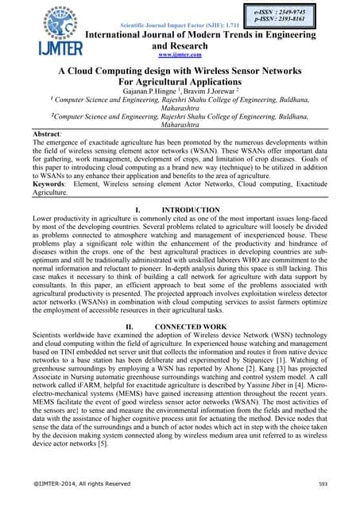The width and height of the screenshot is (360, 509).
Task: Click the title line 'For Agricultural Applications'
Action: (180, 82)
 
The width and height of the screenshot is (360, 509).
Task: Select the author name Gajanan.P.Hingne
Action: (156, 92)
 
